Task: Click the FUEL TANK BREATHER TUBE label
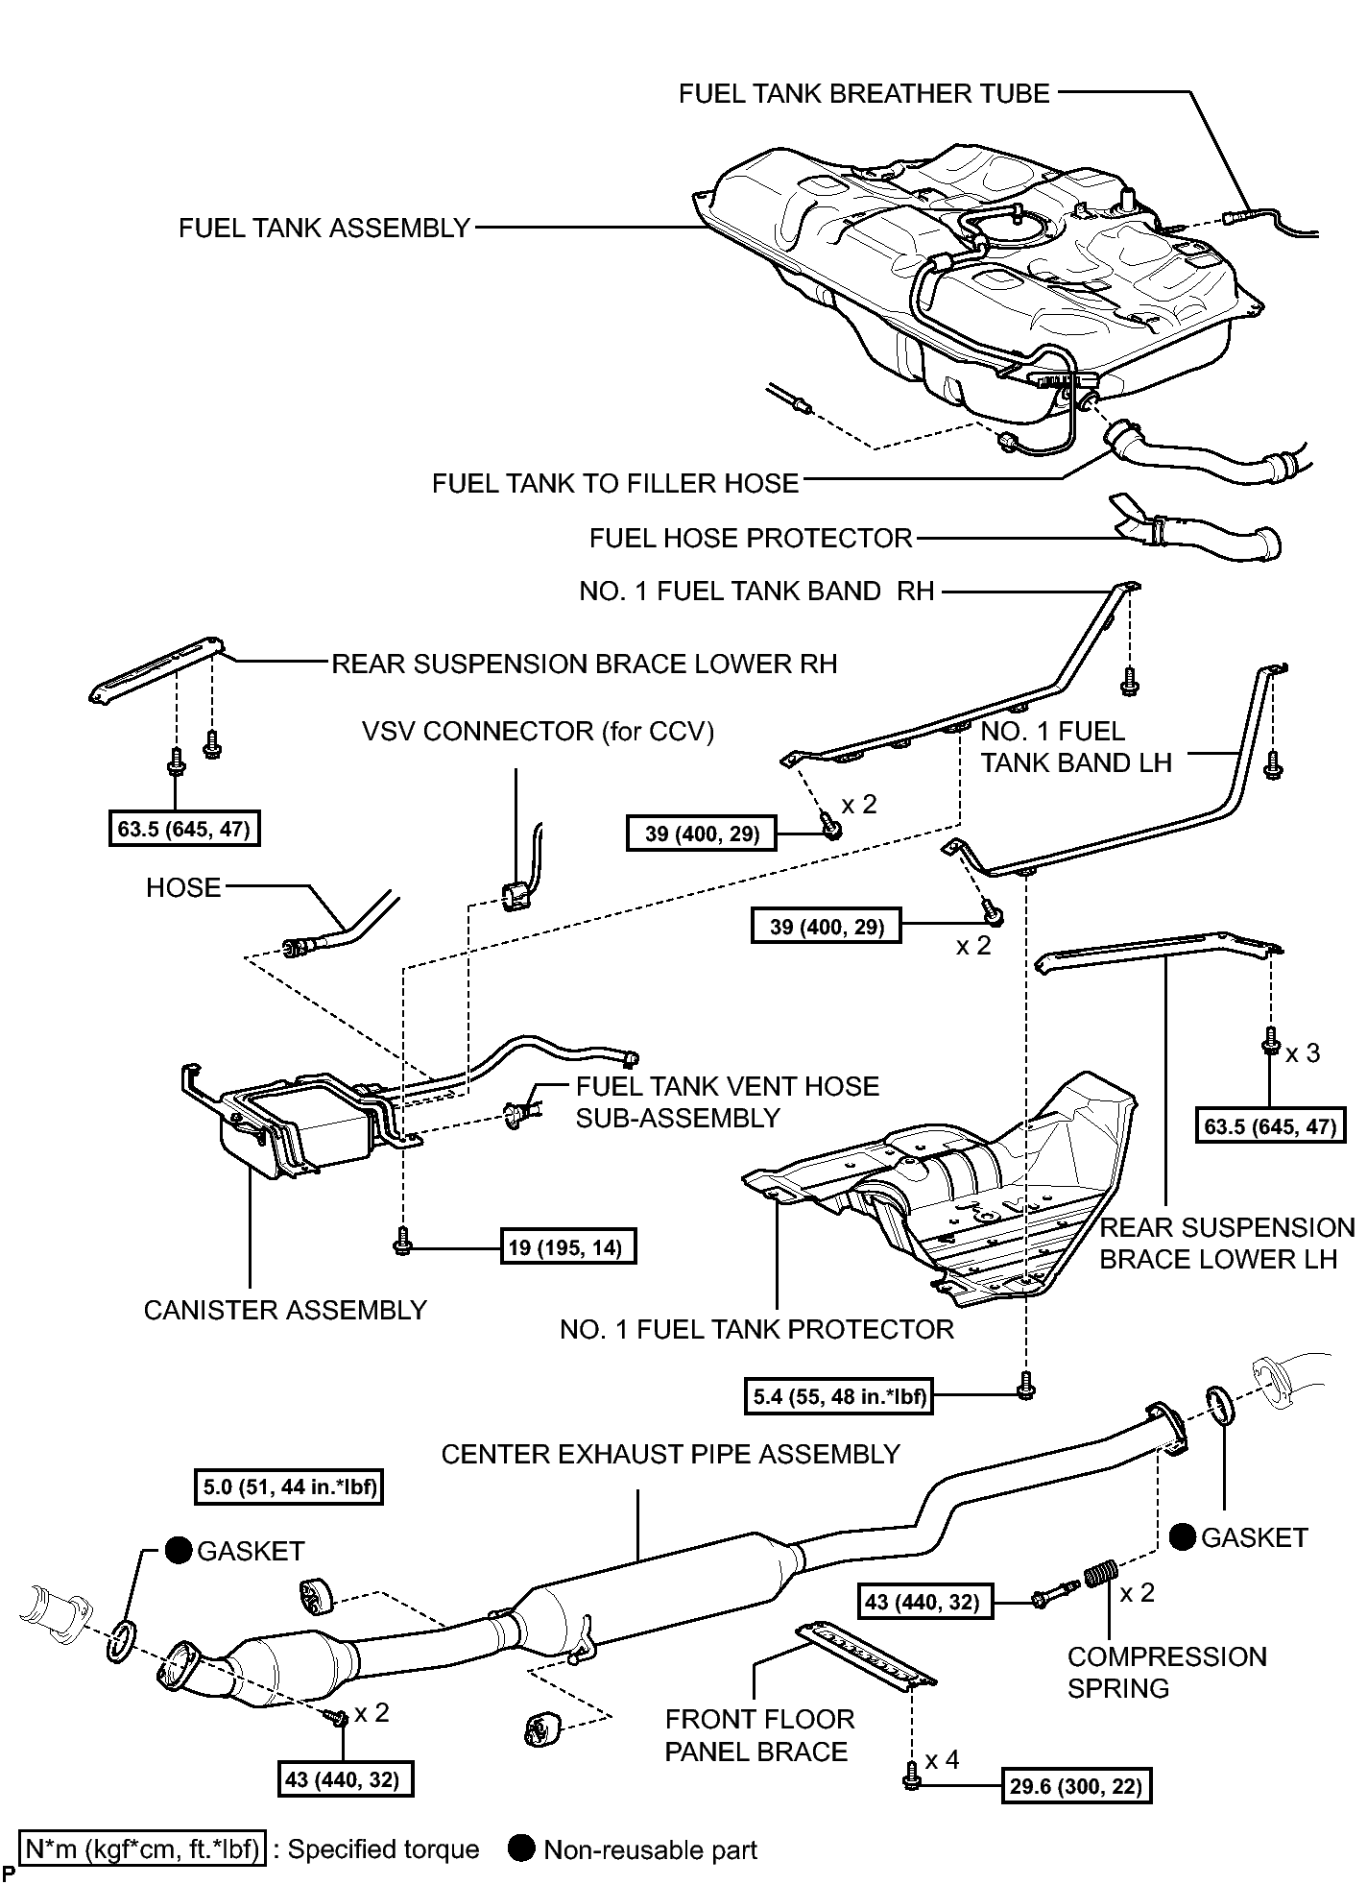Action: [x=864, y=93]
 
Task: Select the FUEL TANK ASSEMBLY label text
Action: [x=324, y=229]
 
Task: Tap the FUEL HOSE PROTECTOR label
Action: [x=751, y=538]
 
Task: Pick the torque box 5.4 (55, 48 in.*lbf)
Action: [x=838, y=1396]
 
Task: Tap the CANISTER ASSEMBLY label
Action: [x=285, y=1310]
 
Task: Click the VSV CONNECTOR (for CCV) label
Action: [x=539, y=732]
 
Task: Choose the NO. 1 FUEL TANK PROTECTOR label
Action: [x=756, y=1329]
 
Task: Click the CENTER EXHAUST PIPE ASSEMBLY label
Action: [x=671, y=1454]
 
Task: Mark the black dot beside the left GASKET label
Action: [x=178, y=1550]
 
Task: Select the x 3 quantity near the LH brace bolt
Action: [x=1303, y=1053]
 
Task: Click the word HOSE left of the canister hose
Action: [x=183, y=888]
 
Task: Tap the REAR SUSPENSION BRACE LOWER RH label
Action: [x=584, y=665]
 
